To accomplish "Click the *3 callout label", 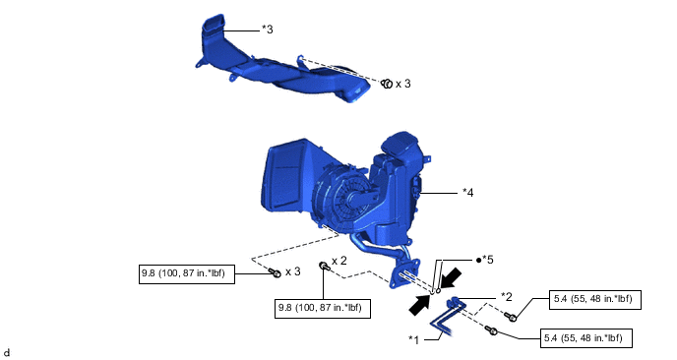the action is (x=268, y=30).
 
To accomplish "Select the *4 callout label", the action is (x=468, y=193).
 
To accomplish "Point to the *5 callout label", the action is (x=487, y=260).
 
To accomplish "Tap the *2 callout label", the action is (x=507, y=297).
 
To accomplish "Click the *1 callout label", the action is (x=414, y=340).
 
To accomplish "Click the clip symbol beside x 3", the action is (x=387, y=84).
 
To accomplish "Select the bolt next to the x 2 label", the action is (x=325, y=266).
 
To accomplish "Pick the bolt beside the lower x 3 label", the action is (x=276, y=271).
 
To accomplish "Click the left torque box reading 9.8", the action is (x=187, y=274).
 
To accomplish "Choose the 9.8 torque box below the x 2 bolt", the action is (x=323, y=309).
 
